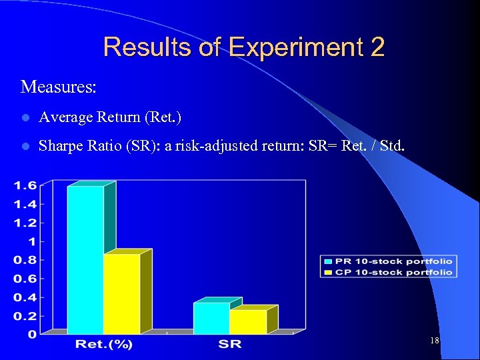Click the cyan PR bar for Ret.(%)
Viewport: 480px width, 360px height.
(85, 260)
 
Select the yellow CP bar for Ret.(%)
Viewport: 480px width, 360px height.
(122, 293)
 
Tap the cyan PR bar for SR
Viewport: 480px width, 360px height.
(211, 318)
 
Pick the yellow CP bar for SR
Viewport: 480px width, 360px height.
(248, 321)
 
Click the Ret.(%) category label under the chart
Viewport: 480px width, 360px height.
(104, 345)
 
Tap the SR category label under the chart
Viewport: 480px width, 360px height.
(229, 345)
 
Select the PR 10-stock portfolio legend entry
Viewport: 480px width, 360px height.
(389, 261)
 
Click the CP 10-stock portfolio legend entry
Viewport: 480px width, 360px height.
(389, 271)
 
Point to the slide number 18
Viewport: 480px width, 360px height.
(435, 341)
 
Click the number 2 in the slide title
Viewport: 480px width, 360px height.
(376, 48)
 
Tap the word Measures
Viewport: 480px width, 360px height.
(58, 87)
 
